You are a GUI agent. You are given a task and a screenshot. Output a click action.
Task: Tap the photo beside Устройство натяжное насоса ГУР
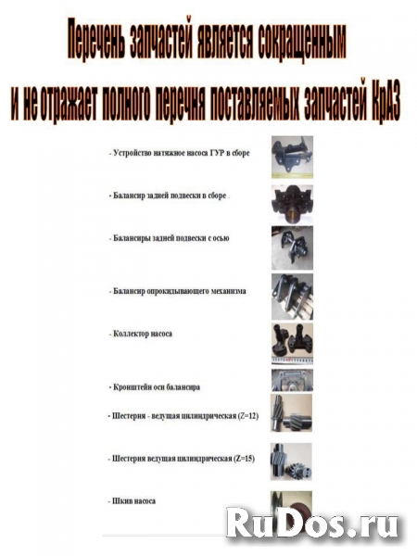292,157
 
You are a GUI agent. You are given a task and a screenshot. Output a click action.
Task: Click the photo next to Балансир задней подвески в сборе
292,200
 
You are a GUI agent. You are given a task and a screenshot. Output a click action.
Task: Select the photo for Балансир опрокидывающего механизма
292,296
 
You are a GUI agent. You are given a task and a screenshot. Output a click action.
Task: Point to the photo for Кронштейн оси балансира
292,380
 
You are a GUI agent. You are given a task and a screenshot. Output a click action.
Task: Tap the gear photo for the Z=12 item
292,413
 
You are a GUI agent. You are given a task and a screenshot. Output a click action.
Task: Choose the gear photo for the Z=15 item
292,460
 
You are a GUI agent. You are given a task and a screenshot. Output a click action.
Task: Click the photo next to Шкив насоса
292,505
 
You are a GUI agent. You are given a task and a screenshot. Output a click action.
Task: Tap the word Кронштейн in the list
132,385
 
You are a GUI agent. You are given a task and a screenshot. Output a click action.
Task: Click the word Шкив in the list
120,500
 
